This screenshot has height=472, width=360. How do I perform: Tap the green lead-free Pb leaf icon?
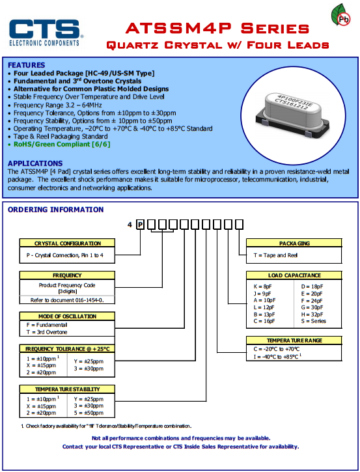[340, 15]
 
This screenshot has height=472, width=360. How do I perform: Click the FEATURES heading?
[27, 65]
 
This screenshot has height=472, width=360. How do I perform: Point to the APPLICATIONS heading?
[35, 163]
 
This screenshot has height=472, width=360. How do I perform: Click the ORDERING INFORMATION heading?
[56, 210]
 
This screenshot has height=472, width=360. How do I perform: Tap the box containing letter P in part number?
[140, 225]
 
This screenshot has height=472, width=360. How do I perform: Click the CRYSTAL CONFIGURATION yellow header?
[67, 243]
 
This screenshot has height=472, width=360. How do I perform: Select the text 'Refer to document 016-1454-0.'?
[67, 300]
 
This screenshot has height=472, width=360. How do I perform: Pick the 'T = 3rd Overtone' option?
[47, 332]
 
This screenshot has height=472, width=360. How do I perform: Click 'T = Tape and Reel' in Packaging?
[275, 255]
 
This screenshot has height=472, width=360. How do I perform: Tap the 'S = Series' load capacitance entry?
[313, 321]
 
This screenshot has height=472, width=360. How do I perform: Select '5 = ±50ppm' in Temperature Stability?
[89, 413]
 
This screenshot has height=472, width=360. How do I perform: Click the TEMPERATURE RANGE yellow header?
[294, 340]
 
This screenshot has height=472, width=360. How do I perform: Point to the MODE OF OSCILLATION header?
[67, 316]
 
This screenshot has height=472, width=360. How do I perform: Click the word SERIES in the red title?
[275, 29]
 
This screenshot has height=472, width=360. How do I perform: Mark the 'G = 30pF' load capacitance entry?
[312, 307]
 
